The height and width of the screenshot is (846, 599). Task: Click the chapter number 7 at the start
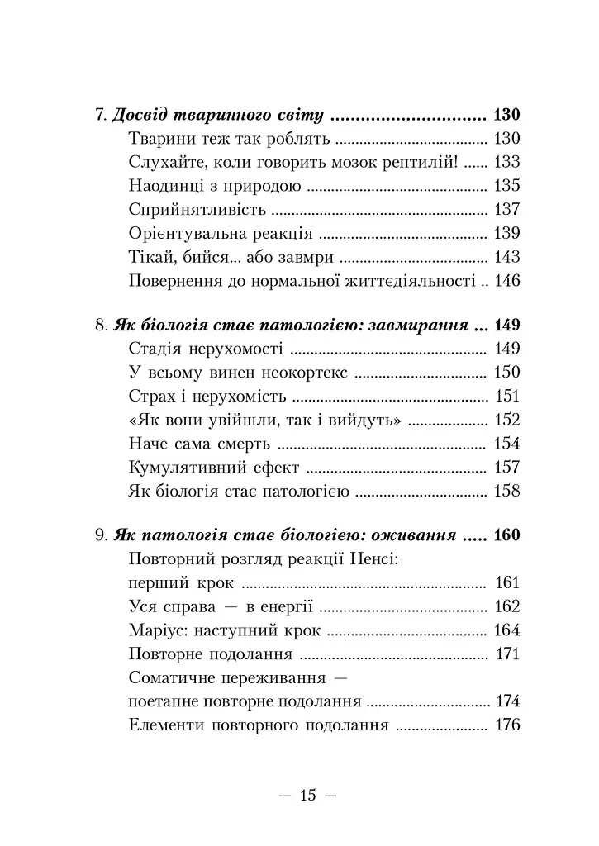pyautogui.click(x=99, y=115)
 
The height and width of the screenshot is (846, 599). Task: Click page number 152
pyautogui.click(x=506, y=421)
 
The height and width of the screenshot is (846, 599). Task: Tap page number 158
pyautogui.click(x=506, y=492)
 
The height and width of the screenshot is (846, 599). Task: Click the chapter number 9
pyautogui.click(x=99, y=535)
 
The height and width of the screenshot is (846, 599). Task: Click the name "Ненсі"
pyautogui.click(x=377, y=559)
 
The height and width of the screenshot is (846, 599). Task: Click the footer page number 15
pyautogui.click(x=308, y=796)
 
